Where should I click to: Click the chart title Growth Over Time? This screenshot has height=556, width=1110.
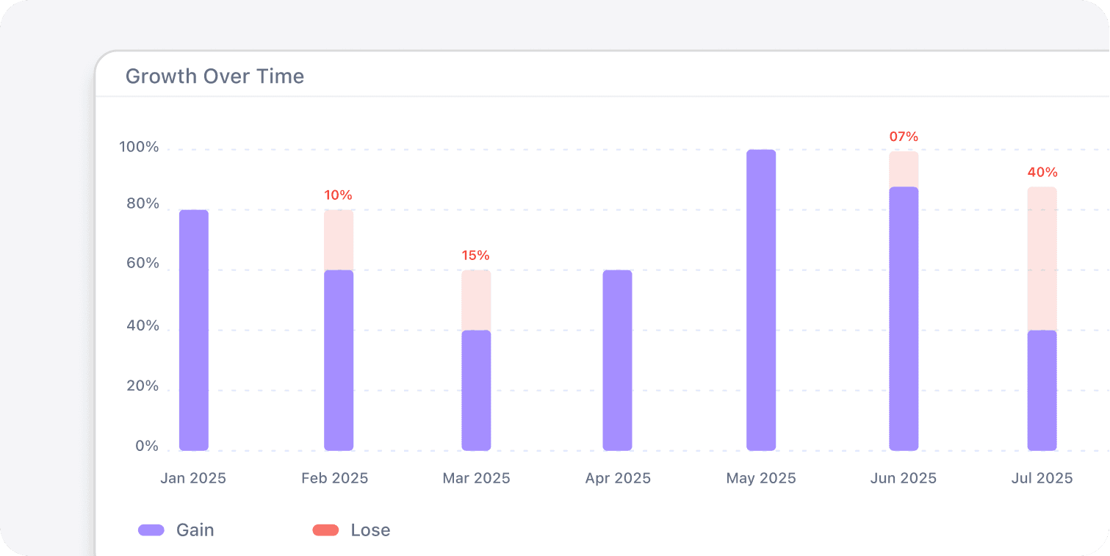click(215, 76)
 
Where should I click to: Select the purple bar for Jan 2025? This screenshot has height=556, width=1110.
click(194, 331)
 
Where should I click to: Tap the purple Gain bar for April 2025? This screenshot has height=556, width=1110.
click(617, 360)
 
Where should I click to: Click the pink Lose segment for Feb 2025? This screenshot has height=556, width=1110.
click(339, 240)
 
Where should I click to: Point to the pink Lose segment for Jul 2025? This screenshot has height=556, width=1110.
click(1042, 259)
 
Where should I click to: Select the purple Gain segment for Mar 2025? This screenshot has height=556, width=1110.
click(476, 390)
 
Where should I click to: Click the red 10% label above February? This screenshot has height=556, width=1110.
click(338, 195)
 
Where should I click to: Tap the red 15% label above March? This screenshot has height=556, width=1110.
click(475, 256)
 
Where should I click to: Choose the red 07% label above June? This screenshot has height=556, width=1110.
click(904, 137)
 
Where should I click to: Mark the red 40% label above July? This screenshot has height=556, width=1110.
click(1042, 173)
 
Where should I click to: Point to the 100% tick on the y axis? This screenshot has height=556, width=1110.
click(139, 148)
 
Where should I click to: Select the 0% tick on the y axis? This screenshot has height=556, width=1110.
click(147, 447)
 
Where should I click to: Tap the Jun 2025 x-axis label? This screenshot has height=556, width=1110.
click(903, 479)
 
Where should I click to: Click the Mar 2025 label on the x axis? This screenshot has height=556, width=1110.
click(476, 479)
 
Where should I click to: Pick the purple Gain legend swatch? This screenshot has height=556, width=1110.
click(151, 530)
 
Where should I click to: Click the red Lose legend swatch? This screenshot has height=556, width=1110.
click(325, 530)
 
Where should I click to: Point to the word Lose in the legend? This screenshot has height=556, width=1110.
click(370, 530)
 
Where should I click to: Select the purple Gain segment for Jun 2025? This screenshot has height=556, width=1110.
click(904, 318)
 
